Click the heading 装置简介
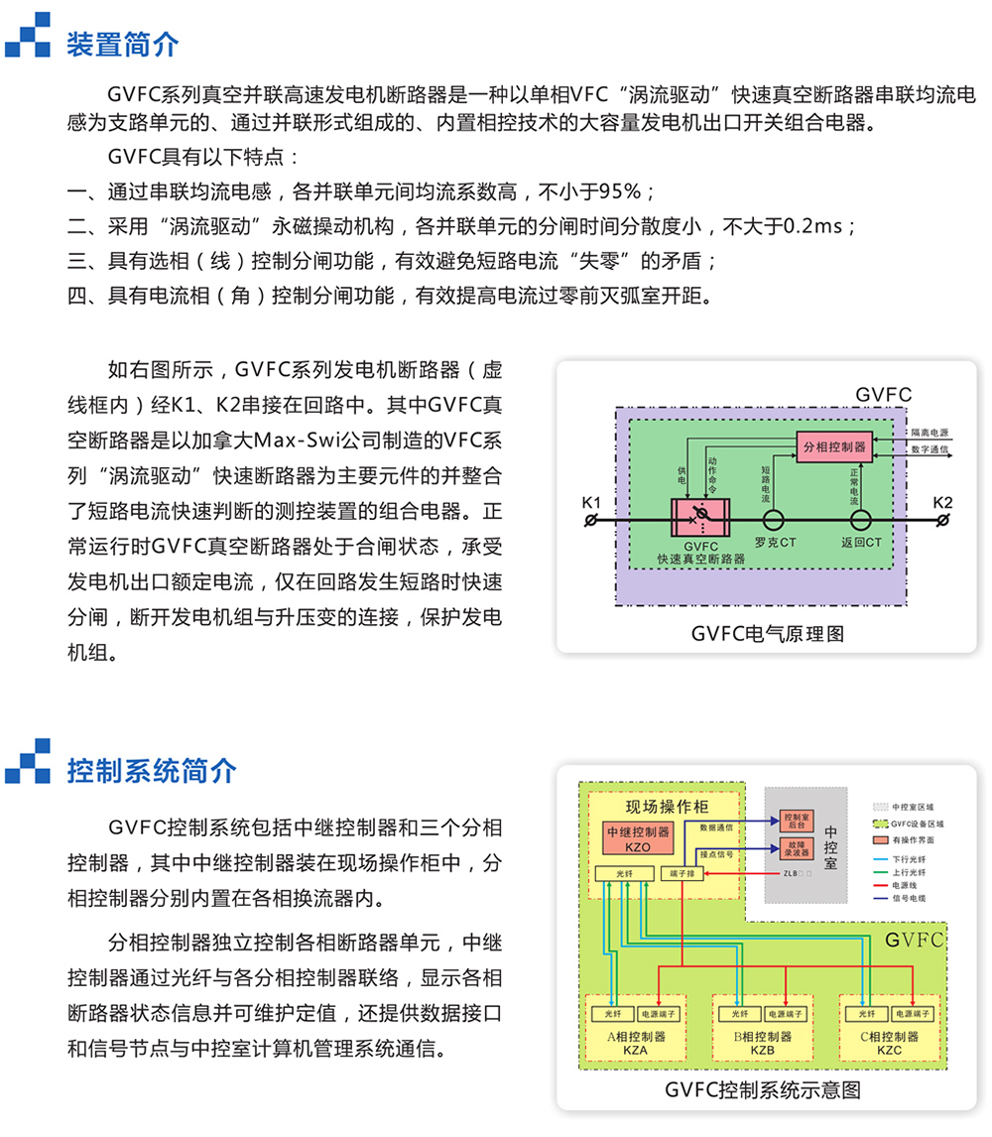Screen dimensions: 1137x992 click(123, 45)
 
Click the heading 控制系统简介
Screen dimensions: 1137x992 click(152, 771)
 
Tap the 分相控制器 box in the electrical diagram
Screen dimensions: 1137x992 click(832, 446)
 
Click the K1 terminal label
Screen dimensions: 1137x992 click(591, 504)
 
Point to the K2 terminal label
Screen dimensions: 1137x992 click(942, 504)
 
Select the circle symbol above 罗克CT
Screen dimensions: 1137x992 click(775, 520)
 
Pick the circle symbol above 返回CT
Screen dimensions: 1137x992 click(860, 520)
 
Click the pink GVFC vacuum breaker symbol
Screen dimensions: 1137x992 click(700, 520)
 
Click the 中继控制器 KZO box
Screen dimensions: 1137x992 click(638, 837)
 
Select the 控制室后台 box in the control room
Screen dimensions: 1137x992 click(796, 821)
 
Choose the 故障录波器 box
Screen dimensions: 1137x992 click(796, 848)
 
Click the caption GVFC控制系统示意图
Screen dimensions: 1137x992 click(763, 1089)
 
